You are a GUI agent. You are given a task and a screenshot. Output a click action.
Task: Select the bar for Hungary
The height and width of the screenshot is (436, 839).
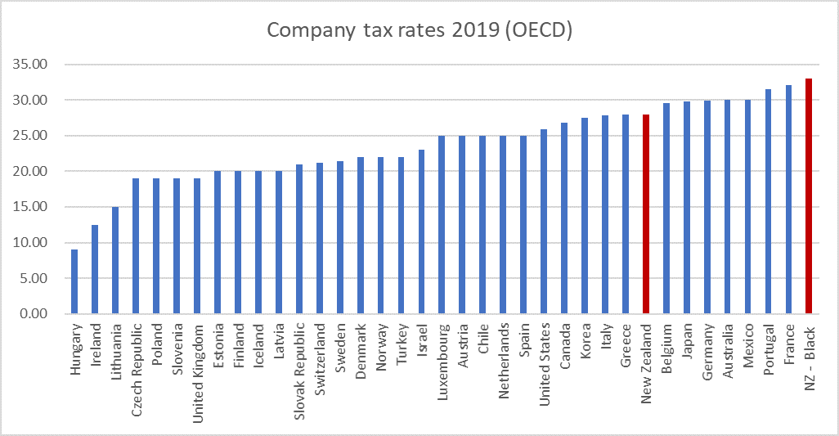click(75, 281)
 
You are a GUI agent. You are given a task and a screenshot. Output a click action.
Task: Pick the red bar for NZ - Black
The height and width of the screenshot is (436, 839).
click(810, 196)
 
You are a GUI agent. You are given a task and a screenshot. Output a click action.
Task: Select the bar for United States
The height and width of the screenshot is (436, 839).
click(545, 222)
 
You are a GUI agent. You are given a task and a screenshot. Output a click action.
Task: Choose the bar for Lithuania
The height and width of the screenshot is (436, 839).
click(116, 260)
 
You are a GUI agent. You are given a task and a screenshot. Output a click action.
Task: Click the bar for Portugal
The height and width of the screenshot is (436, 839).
click(769, 201)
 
